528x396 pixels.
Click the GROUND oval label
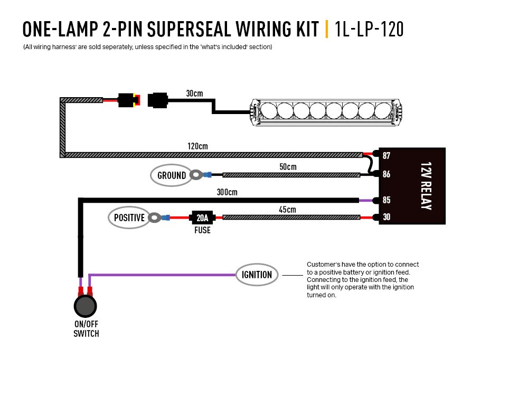(172, 175)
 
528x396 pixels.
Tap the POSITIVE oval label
(129, 218)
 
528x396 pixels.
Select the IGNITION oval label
(257, 275)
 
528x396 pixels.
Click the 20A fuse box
(202, 218)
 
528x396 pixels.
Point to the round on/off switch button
(86, 306)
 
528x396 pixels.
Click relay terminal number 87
(386, 155)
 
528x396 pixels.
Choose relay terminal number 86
(386, 174)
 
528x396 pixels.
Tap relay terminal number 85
(386, 200)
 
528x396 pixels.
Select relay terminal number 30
(386, 217)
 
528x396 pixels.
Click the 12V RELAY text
(426, 186)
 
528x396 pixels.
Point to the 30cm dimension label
(194, 93)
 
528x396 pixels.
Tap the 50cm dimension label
(288, 166)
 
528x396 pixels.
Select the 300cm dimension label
(227, 192)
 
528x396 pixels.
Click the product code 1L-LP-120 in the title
(369, 29)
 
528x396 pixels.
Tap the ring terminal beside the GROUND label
(197, 174)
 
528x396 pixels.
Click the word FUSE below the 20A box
(202, 230)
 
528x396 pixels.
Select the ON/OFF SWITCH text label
(86, 329)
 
